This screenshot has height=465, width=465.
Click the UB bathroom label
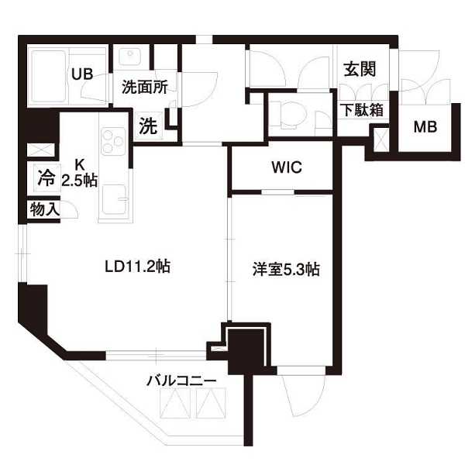82,74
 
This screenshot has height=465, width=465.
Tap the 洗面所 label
145,87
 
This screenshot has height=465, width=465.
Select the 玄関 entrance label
360,69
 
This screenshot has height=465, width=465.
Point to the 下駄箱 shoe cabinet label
362,110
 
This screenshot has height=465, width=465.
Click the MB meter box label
425,127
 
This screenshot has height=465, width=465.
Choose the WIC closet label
287,167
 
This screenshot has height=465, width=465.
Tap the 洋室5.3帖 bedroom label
286,269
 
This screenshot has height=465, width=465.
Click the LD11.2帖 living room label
138,267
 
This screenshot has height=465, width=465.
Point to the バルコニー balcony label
181,381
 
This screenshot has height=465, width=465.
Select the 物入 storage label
44,210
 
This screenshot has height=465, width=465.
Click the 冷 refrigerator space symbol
46,177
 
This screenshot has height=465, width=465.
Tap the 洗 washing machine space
148,126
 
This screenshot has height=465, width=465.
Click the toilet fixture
288,115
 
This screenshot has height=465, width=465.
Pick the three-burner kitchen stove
113,142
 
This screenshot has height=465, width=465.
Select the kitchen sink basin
115,199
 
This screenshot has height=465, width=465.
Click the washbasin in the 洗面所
129,57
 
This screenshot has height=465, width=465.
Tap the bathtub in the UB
48,76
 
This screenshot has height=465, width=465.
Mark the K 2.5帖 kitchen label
80,173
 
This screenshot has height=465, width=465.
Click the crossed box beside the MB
381,139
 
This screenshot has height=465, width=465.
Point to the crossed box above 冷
41,150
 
